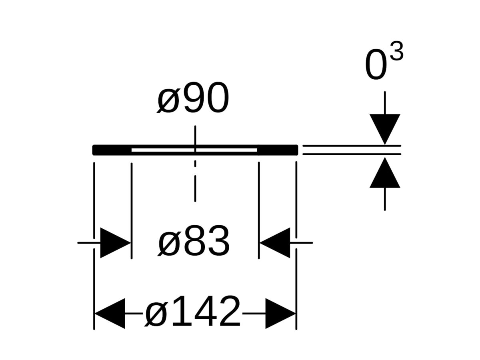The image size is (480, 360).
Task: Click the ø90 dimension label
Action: click(193, 98)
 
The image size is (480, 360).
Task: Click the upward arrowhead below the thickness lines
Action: click(385, 172)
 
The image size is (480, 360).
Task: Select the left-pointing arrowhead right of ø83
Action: click(275, 243)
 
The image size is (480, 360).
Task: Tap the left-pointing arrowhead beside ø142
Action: click(110, 314)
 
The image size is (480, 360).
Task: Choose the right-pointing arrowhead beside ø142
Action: click(280, 314)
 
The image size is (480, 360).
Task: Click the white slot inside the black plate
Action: click(194, 150)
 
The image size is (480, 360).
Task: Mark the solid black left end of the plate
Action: click(112, 150)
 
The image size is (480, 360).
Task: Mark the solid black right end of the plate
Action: click(278, 150)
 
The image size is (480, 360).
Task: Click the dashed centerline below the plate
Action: click(195, 181)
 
